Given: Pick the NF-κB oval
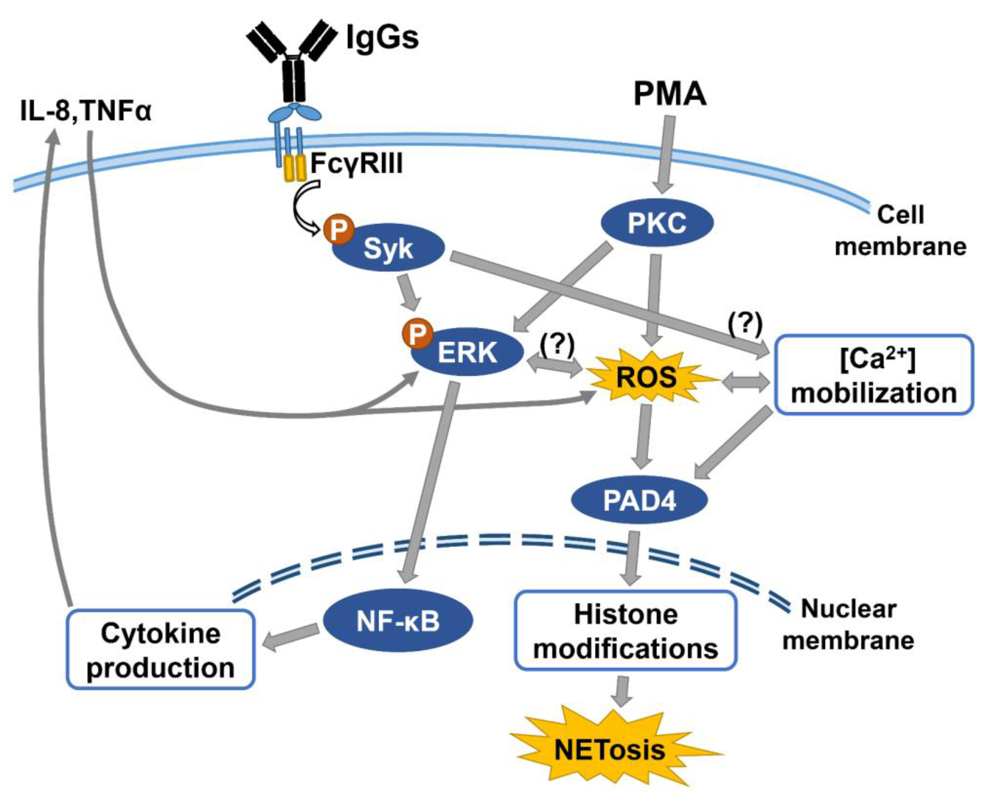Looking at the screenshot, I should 398,621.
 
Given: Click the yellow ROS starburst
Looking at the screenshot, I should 646,378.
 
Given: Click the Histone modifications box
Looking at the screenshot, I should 625,631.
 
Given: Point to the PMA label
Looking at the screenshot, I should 670,94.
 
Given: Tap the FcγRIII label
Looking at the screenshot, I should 357,163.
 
